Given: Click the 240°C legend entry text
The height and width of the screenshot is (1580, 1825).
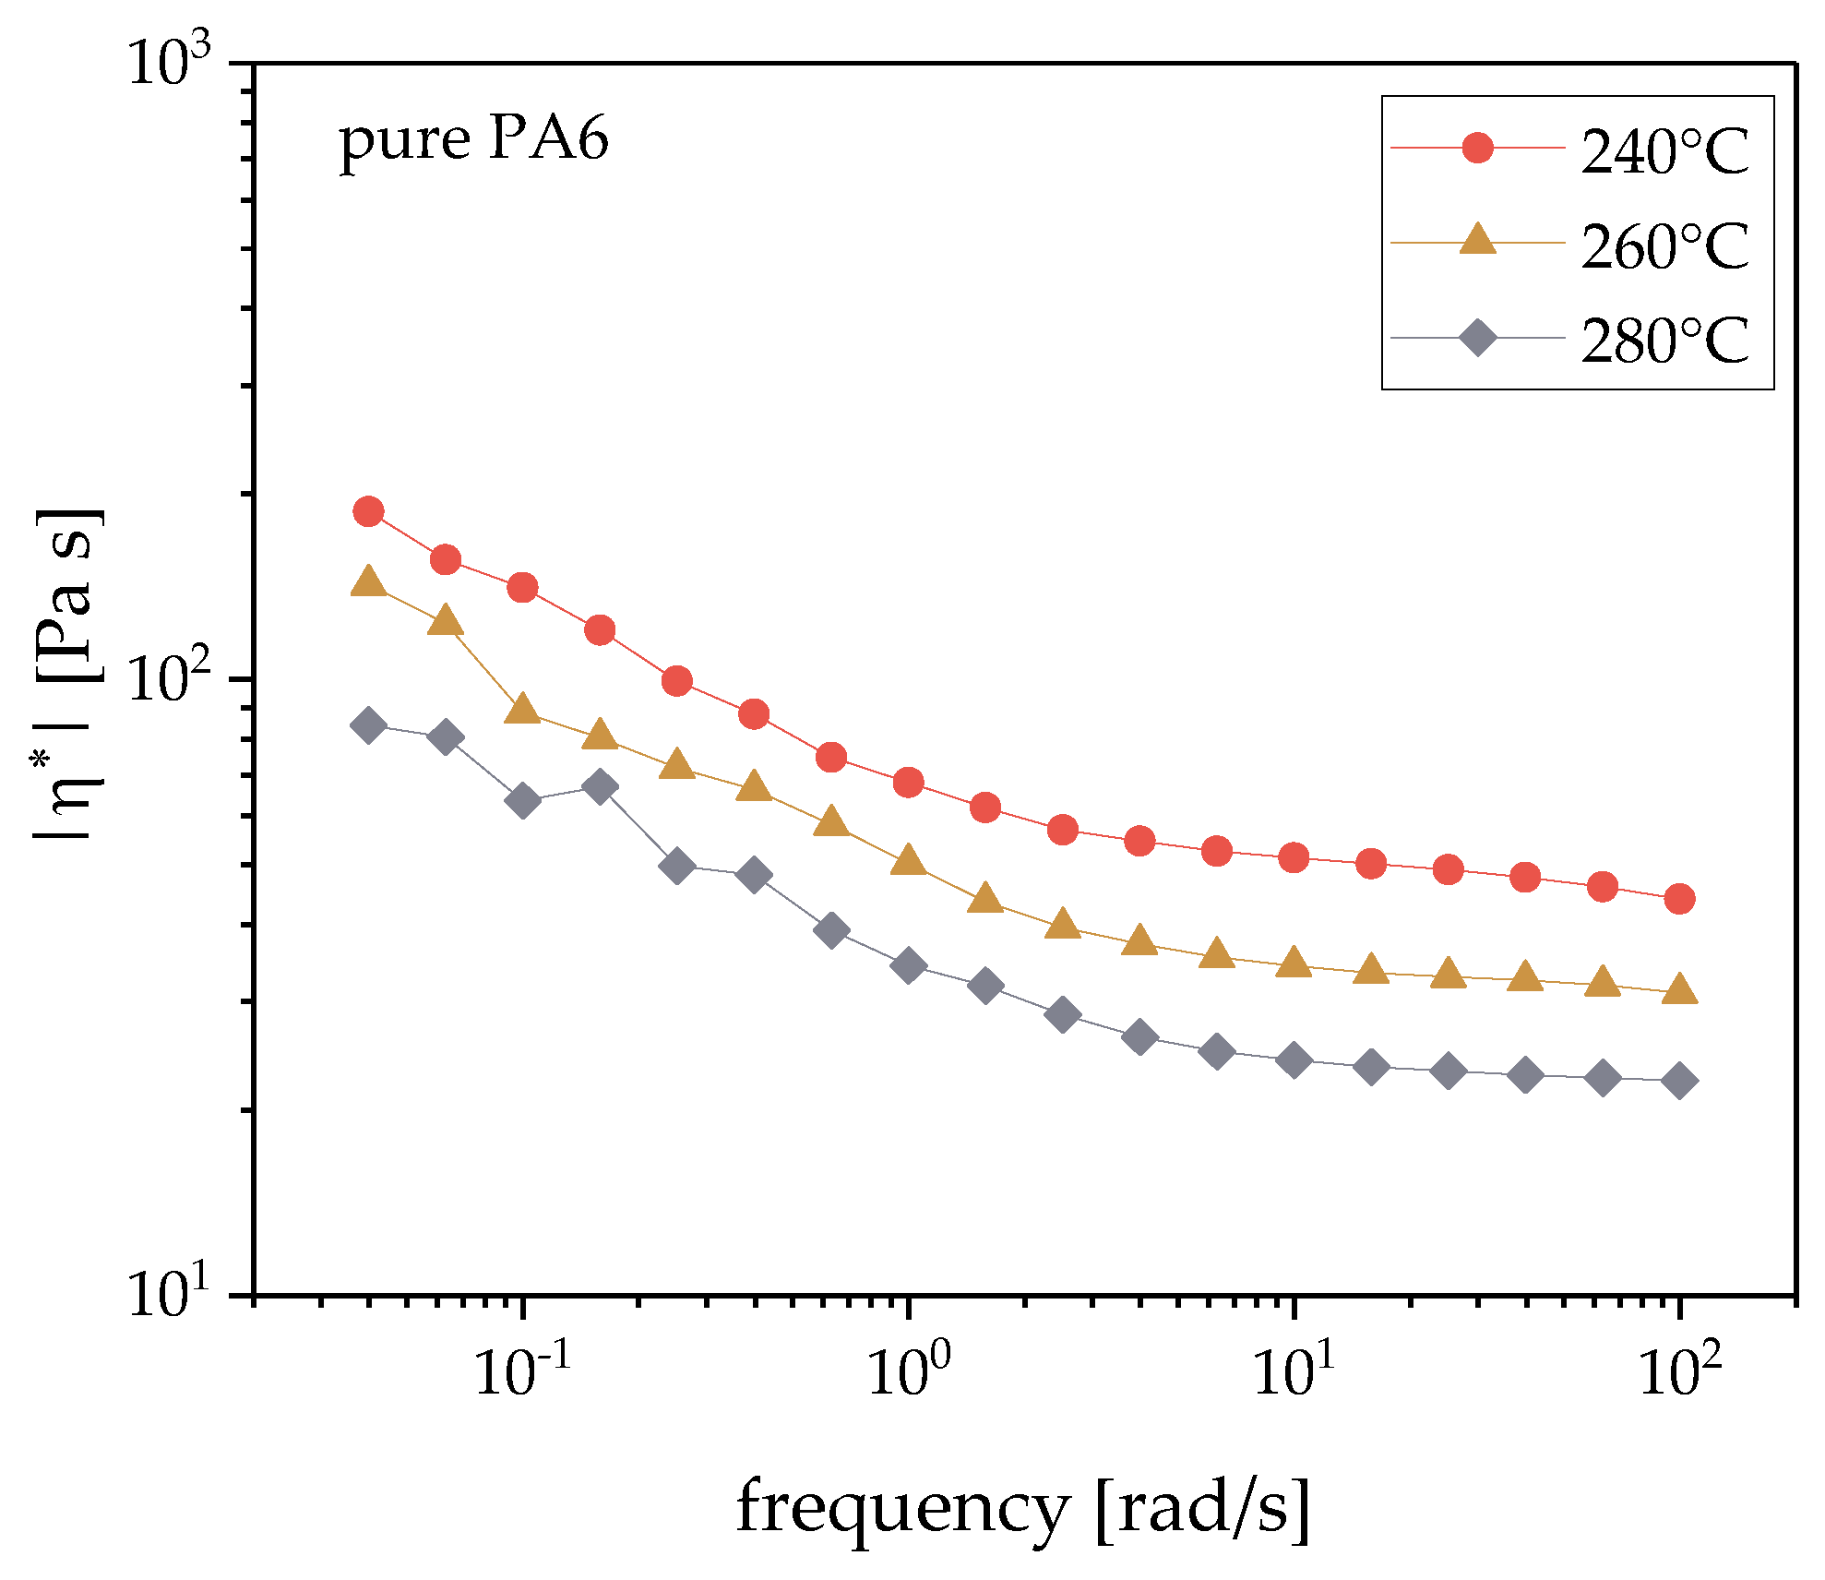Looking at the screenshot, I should [x=1664, y=150].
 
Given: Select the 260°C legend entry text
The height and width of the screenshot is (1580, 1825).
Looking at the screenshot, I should [x=1664, y=246].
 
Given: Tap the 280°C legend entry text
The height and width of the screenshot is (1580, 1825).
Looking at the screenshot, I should [x=1664, y=341].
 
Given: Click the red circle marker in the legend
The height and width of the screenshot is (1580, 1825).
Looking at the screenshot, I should [x=1477, y=148].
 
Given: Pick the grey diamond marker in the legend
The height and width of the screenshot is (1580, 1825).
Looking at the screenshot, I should [x=1477, y=338].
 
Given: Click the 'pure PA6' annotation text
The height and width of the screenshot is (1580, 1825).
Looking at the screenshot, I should [x=474, y=140].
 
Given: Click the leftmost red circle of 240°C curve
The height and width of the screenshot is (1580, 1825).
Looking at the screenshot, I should [x=369, y=511].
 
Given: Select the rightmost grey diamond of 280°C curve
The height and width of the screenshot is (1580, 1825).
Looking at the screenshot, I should [x=1680, y=1081].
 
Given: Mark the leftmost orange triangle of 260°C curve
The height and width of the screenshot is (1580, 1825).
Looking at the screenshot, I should [x=369, y=581].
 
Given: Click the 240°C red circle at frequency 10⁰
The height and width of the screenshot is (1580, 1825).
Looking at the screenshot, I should [x=909, y=783].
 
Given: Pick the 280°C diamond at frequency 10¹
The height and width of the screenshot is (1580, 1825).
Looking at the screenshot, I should [x=1294, y=1060].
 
